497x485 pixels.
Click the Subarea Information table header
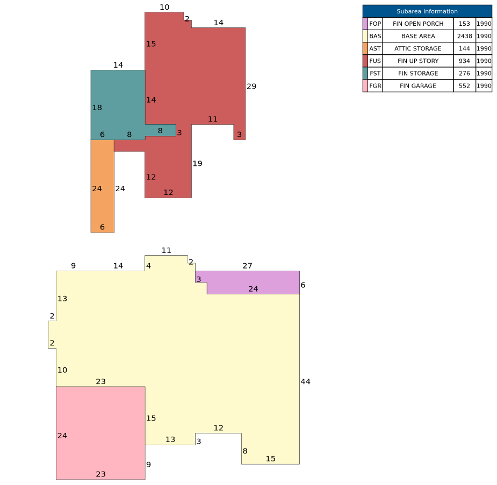[x=427, y=11]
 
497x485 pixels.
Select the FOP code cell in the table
[x=375, y=24]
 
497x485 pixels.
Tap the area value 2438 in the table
[x=464, y=36]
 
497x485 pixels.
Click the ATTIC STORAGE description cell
[x=418, y=48]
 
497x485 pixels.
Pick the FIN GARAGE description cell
[x=418, y=86]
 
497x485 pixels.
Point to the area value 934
[x=464, y=61]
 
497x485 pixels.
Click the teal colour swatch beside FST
[x=365, y=73]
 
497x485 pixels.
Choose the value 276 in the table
[x=464, y=73]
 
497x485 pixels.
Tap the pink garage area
[x=100, y=433]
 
